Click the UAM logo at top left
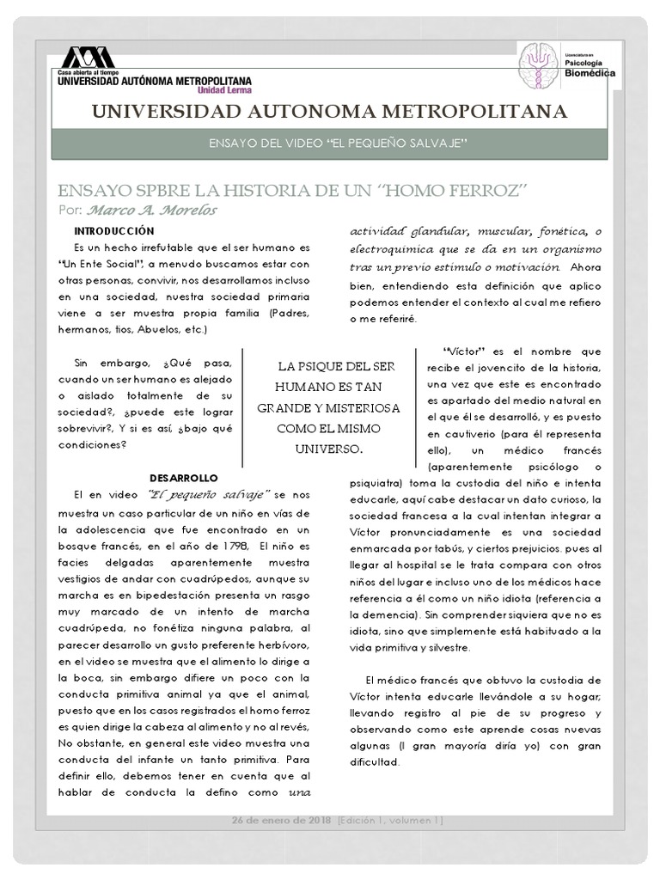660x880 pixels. (x=85, y=58)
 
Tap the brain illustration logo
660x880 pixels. (x=539, y=64)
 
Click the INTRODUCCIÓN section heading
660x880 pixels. (x=113, y=231)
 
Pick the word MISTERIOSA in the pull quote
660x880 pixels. (x=357, y=406)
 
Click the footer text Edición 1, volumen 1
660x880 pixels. (x=392, y=821)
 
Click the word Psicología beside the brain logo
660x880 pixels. (x=587, y=63)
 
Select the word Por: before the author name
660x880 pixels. (x=71, y=211)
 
